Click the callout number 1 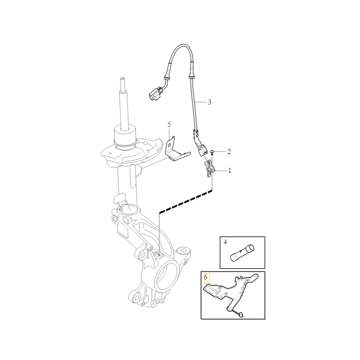coord(229,171)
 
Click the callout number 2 coord(229,152)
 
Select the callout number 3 coord(209,102)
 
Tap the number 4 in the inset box coord(225,242)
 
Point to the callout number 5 coord(169,125)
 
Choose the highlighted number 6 coord(206,277)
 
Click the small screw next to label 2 coord(211,152)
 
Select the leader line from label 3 coord(200,102)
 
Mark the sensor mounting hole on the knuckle coord(158,254)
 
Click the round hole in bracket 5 coord(169,145)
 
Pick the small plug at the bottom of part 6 coord(241,315)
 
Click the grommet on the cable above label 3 coord(190,76)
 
